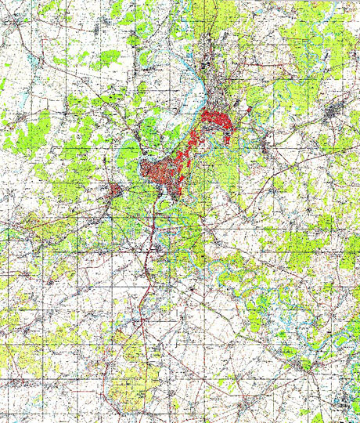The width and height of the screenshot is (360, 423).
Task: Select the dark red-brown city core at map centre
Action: (160, 173)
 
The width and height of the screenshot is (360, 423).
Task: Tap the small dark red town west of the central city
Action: (115, 191)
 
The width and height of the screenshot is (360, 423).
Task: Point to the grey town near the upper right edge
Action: (337, 112)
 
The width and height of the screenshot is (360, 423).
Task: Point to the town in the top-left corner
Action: (17, 23)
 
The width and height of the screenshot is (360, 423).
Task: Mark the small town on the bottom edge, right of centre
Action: (249, 413)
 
